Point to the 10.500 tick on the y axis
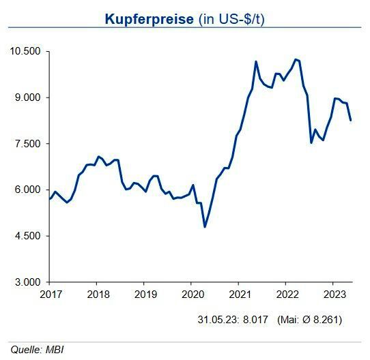tap(25, 51)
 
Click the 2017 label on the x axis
tap(49, 294)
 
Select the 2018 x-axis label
tap(96, 294)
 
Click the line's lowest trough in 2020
tap(205, 226)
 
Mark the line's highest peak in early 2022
tap(295, 59)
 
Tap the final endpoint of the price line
tap(351, 120)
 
